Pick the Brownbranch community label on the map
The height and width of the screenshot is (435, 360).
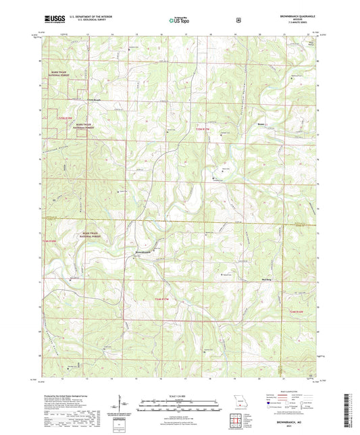(147, 251)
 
